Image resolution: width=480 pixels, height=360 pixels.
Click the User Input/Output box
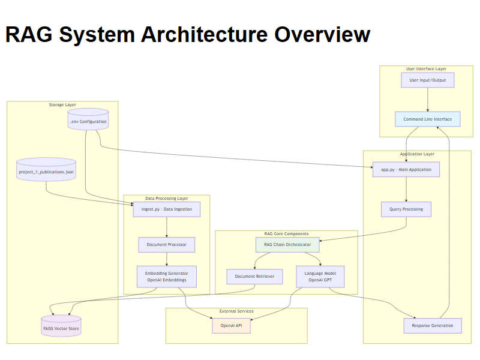427,80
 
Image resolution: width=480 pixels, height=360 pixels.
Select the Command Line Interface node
427,119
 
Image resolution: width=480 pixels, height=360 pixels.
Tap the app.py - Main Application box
406,169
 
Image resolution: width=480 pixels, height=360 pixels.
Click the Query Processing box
406,209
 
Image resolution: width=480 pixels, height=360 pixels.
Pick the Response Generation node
433,326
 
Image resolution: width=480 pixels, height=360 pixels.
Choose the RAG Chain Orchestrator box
287,245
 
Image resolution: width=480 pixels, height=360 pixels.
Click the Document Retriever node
254,276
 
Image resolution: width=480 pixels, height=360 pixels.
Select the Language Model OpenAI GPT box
320,276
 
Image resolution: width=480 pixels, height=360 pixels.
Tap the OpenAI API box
231,326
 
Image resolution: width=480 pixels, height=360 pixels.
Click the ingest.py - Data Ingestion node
166,209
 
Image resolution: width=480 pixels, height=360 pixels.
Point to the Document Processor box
166,245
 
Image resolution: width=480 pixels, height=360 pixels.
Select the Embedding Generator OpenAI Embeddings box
166,276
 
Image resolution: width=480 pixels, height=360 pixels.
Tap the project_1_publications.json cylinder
46,171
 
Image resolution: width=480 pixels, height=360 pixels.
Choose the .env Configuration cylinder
88,121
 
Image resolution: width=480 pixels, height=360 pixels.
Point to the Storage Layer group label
62,105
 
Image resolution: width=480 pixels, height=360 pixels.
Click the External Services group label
236,311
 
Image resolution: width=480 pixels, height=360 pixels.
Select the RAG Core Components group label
286,233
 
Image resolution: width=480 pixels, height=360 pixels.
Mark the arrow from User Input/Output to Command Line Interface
427,100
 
